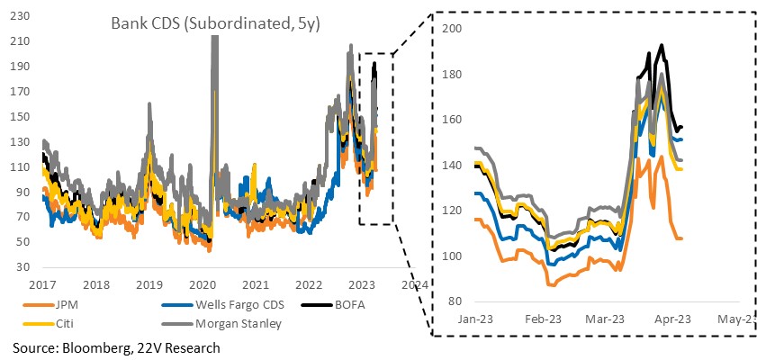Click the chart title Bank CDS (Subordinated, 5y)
click(x=216, y=23)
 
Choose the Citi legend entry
click(x=42, y=323)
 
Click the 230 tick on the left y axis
click(x=21, y=16)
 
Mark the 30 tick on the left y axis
click(x=24, y=267)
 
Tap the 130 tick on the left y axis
click(x=21, y=142)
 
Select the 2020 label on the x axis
click(x=203, y=284)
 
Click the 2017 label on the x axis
click(x=43, y=284)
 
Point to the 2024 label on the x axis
click(x=415, y=284)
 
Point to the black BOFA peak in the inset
click(x=662, y=45)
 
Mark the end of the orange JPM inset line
click(x=681, y=238)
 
